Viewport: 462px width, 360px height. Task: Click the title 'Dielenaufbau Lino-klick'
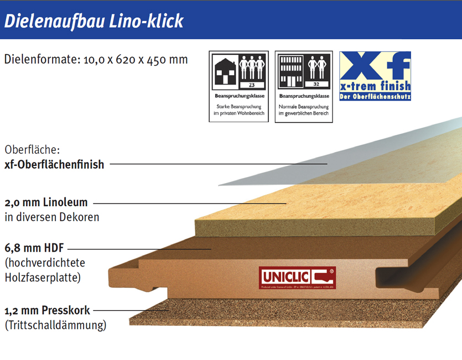94,20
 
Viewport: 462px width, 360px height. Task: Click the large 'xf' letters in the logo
375,66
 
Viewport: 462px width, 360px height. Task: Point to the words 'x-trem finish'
375,86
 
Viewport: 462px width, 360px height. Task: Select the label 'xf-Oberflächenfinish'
54,164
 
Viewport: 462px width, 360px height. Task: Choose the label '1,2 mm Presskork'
47,310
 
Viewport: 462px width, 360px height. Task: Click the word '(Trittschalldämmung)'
55,325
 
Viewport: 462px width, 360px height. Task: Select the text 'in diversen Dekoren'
52,217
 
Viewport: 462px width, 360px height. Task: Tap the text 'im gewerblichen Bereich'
304,113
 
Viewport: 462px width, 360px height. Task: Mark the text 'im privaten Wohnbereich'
239,113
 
